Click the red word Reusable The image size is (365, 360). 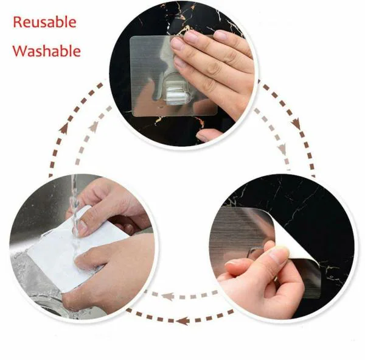[x=45, y=23]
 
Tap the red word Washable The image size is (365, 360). [x=46, y=51]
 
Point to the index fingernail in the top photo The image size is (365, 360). [x=178, y=44]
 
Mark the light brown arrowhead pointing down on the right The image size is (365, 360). [x=281, y=148]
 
